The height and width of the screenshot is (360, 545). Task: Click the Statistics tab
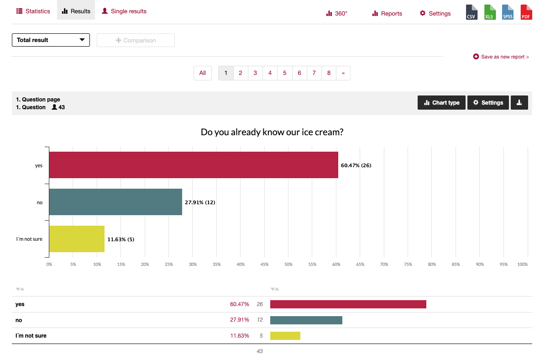point(33,11)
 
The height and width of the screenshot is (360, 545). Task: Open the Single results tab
point(124,11)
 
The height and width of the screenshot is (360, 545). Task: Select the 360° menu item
point(337,13)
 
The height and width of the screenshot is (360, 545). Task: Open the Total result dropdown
point(51,40)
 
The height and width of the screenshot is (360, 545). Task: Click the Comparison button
point(136,40)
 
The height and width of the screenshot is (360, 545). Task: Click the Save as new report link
point(501,57)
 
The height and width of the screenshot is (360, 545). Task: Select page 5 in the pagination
point(284,73)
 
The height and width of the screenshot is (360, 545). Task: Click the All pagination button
point(203,73)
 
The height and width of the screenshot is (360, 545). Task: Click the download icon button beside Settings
point(519,103)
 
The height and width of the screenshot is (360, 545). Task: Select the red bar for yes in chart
point(193,165)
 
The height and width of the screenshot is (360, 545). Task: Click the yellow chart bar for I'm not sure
point(77,239)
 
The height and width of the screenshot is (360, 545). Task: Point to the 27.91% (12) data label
point(200,202)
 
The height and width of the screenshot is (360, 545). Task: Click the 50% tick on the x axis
point(288,264)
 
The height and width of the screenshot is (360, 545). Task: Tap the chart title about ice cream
point(272,132)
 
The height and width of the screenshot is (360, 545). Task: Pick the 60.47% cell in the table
point(240,304)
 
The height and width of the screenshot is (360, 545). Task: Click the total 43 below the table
point(260,351)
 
